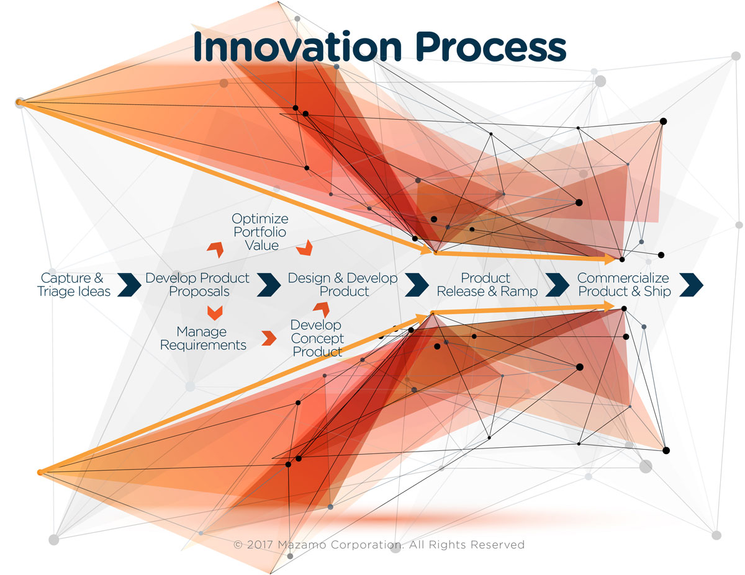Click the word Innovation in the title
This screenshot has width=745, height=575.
pyautogui.click(x=297, y=47)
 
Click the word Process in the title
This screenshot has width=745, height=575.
pyautogui.click(x=491, y=47)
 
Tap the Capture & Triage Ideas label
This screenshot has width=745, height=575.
pyautogui.click(x=73, y=285)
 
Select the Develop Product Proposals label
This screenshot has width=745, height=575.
pyautogui.click(x=197, y=285)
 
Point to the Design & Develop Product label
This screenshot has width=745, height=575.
pyautogui.click(x=343, y=285)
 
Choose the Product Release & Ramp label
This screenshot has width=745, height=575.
pyautogui.click(x=487, y=285)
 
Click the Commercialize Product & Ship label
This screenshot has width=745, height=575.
pyautogui.click(x=624, y=285)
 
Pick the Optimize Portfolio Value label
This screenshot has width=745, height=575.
pyautogui.click(x=260, y=232)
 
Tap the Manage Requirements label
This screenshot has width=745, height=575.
pyautogui.click(x=203, y=338)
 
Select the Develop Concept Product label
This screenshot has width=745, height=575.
pyautogui.click(x=317, y=338)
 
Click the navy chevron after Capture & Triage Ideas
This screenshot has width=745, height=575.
pyautogui.click(x=129, y=285)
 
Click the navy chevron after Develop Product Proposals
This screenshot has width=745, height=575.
pyautogui.click(x=269, y=285)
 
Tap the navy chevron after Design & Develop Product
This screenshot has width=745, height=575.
pyautogui.click(x=417, y=285)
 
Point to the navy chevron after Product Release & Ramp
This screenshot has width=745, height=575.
pyautogui.click(x=557, y=285)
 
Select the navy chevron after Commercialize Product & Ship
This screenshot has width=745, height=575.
pyautogui.click(x=691, y=285)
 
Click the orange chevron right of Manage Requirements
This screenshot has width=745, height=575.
pyautogui.click(x=269, y=338)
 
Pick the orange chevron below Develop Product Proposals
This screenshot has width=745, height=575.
pyautogui.click(x=215, y=313)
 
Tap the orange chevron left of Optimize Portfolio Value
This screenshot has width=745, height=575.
pyautogui.click(x=215, y=249)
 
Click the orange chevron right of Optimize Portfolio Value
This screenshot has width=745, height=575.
pyautogui.click(x=304, y=247)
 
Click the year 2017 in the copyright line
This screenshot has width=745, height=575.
pyautogui.click(x=260, y=545)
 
